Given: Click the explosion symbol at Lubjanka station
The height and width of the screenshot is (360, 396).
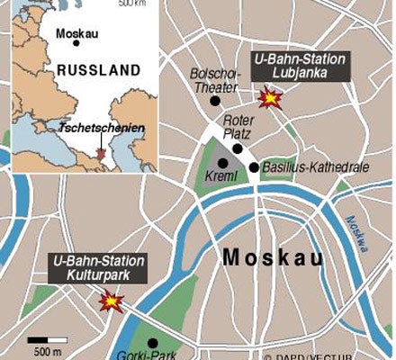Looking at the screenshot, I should coord(268,97).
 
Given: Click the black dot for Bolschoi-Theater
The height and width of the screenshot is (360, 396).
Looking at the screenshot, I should coord(214,101).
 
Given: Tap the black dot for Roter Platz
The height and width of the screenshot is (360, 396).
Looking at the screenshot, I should coord(238,148).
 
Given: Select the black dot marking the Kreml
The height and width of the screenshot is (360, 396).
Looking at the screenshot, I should coord(223,163).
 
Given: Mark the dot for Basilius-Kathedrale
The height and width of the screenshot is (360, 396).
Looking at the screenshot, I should coord(255,166).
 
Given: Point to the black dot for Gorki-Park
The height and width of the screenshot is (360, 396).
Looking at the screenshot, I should coord(152,342).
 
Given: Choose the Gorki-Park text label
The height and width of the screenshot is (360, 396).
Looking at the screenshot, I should coord(139,355).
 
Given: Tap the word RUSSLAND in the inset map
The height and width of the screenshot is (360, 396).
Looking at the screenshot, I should coord(98,69).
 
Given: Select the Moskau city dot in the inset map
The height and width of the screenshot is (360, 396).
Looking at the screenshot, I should coord(76,42).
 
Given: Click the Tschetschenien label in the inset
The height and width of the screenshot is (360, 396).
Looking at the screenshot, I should coord(101,128).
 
